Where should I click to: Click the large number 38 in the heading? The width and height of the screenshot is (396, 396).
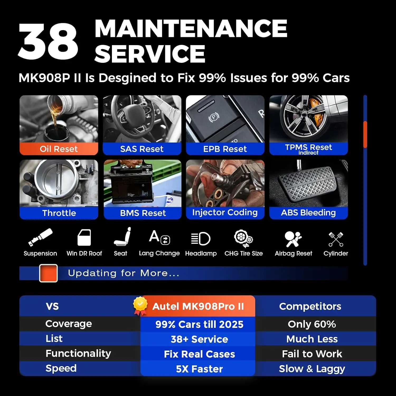click(x=48, y=41)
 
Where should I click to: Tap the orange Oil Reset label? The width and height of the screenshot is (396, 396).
click(x=59, y=149)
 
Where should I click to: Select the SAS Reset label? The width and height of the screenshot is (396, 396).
click(x=142, y=149)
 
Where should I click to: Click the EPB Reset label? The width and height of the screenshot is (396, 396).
click(x=225, y=149)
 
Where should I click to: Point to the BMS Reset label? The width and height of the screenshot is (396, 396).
click(x=143, y=213)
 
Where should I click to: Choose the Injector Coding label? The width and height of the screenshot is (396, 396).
click(x=225, y=213)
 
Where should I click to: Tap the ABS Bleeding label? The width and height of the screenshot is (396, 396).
click(x=308, y=213)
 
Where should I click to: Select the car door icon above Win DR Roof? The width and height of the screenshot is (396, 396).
click(x=84, y=238)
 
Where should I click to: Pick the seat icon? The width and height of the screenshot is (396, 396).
click(x=122, y=237)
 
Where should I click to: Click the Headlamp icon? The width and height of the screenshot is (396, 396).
click(x=201, y=239)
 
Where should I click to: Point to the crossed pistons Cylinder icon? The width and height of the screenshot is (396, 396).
click(x=336, y=239)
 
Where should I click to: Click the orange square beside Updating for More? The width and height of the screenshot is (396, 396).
click(x=48, y=273)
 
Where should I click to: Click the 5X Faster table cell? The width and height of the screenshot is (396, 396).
click(x=199, y=369)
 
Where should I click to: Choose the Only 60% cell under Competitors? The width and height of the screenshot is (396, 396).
click(x=312, y=324)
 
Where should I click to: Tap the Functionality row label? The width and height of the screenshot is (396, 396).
click(x=78, y=353)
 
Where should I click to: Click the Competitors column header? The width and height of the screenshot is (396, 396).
click(x=310, y=306)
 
